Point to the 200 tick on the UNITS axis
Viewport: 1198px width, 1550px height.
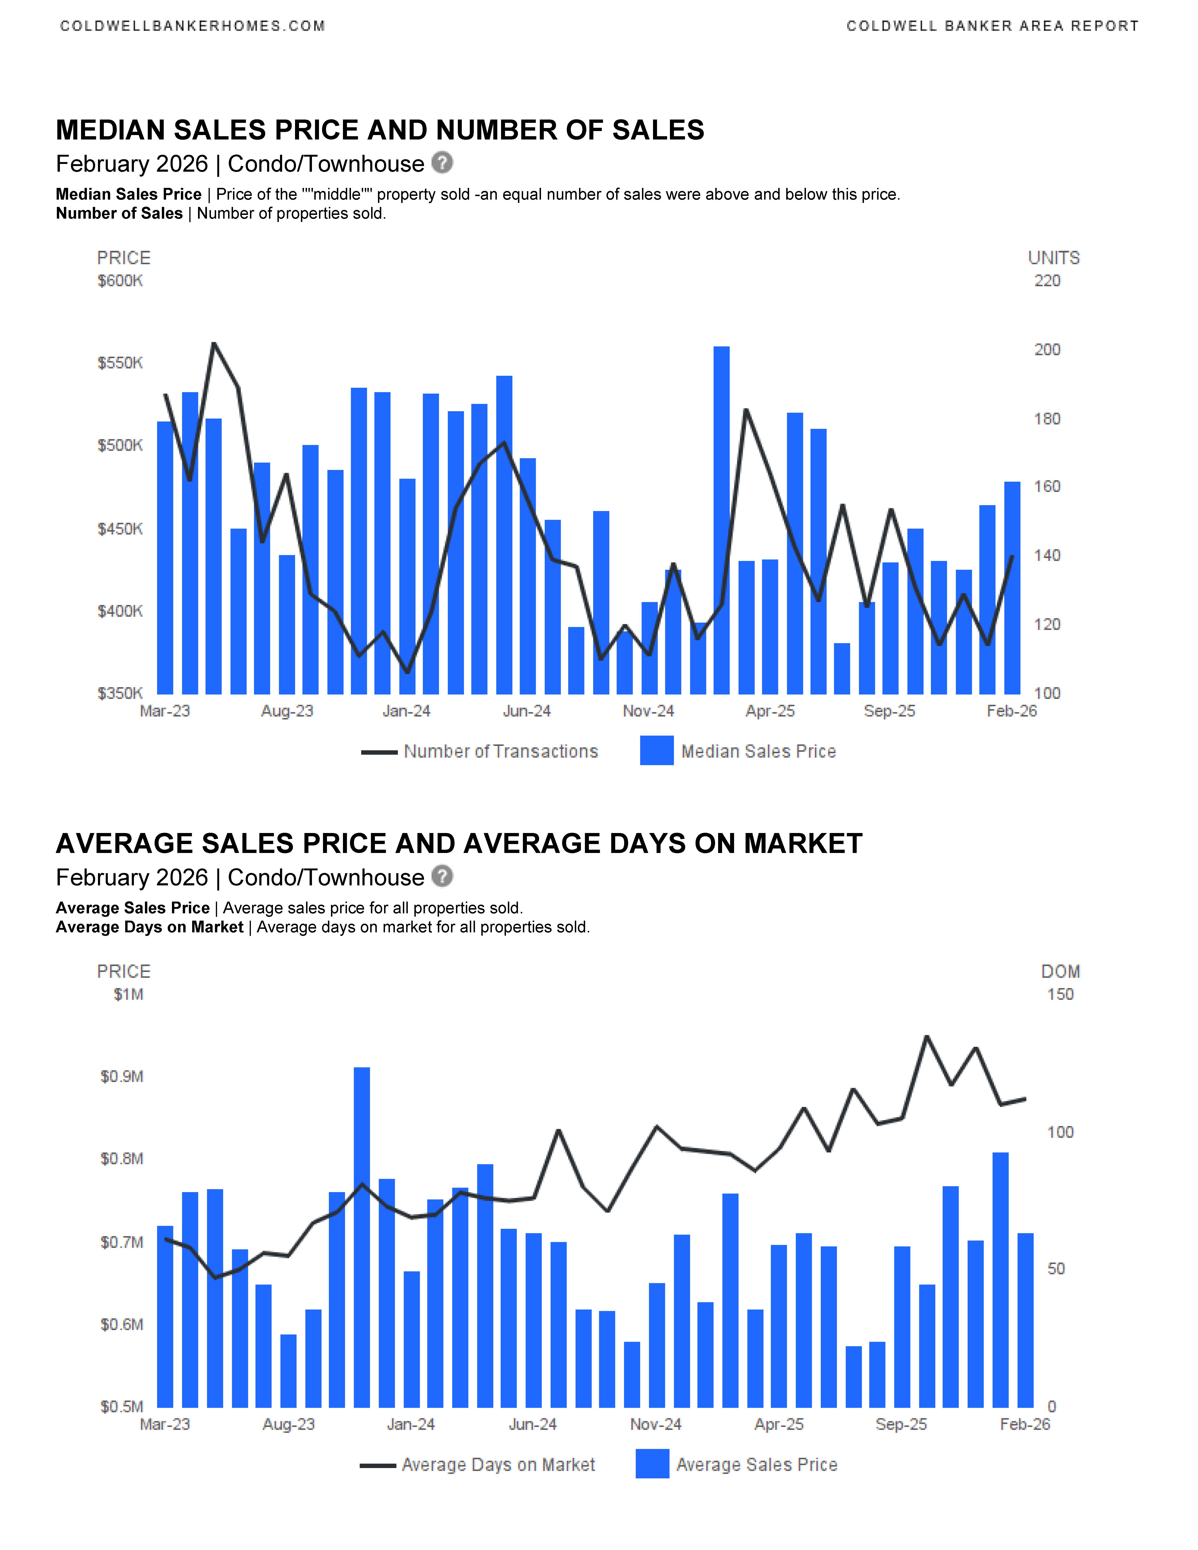pyautogui.click(x=1047, y=350)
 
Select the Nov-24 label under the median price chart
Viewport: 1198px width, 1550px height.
pyautogui.click(x=648, y=711)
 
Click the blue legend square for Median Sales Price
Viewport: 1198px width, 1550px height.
pyautogui.click(x=657, y=751)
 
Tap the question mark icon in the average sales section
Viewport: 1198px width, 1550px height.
pyautogui.click(x=442, y=876)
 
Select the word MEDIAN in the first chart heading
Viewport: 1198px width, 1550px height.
pyautogui.click(x=110, y=131)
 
